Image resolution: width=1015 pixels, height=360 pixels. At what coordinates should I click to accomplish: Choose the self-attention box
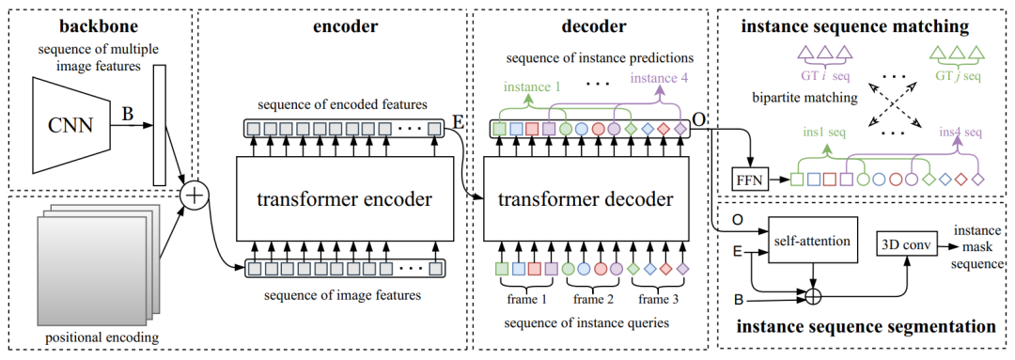tap(812, 241)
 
